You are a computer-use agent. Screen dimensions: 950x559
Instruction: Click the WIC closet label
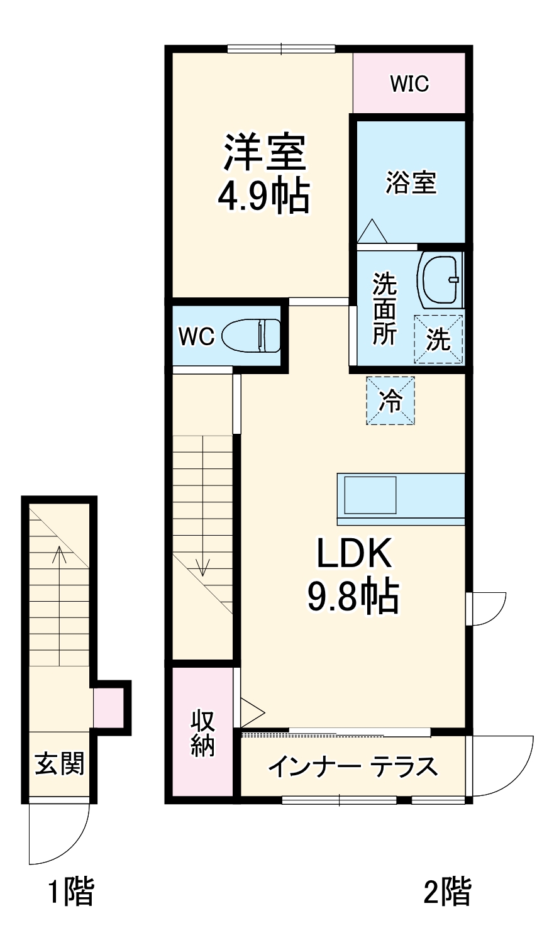[x=409, y=84]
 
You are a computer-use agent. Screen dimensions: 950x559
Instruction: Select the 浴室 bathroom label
[x=411, y=183]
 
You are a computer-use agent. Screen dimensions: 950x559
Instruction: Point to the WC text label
[x=196, y=336]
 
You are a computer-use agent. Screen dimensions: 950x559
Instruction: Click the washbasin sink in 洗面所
[x=440, y=279]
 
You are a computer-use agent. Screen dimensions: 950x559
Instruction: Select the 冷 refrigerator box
[x=391, y=400]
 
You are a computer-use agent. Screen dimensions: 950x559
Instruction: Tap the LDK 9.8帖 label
[x=353, y=575]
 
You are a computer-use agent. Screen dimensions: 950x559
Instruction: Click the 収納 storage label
[x=202, y=733]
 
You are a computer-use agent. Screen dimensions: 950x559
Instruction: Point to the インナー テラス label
[x=353, y=767]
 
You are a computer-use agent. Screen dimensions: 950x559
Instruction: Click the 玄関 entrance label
[x=59, y=764]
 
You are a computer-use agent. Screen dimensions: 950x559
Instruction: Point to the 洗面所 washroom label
[x=384, y=309]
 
